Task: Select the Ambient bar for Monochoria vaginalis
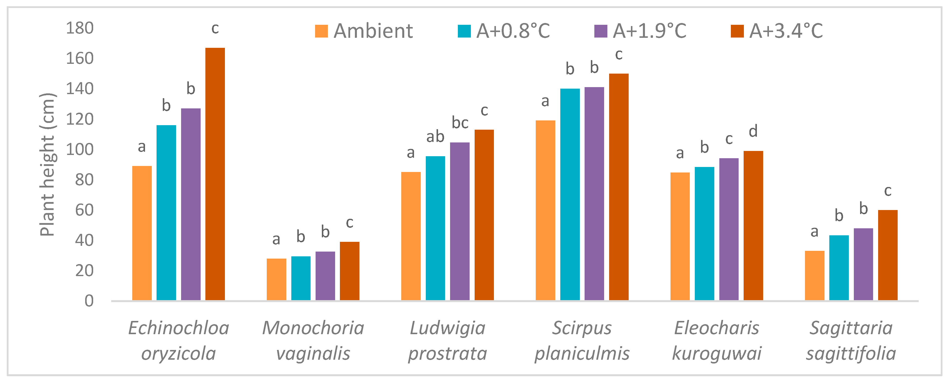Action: (276, 279)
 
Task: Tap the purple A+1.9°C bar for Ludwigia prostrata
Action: (460, 221)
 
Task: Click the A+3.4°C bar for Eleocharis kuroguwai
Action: (753, 226)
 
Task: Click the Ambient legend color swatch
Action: (321, 31)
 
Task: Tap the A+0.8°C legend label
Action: (513, 31)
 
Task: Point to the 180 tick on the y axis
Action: (80, 28)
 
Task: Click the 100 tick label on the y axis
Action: (80, 150)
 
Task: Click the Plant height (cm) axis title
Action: (47, 164)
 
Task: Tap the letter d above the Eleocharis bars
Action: (753, 131)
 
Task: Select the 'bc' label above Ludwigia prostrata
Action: (460, 123)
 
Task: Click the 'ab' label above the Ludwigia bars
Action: (435, 137)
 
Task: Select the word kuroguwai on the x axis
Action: (717, 353)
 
